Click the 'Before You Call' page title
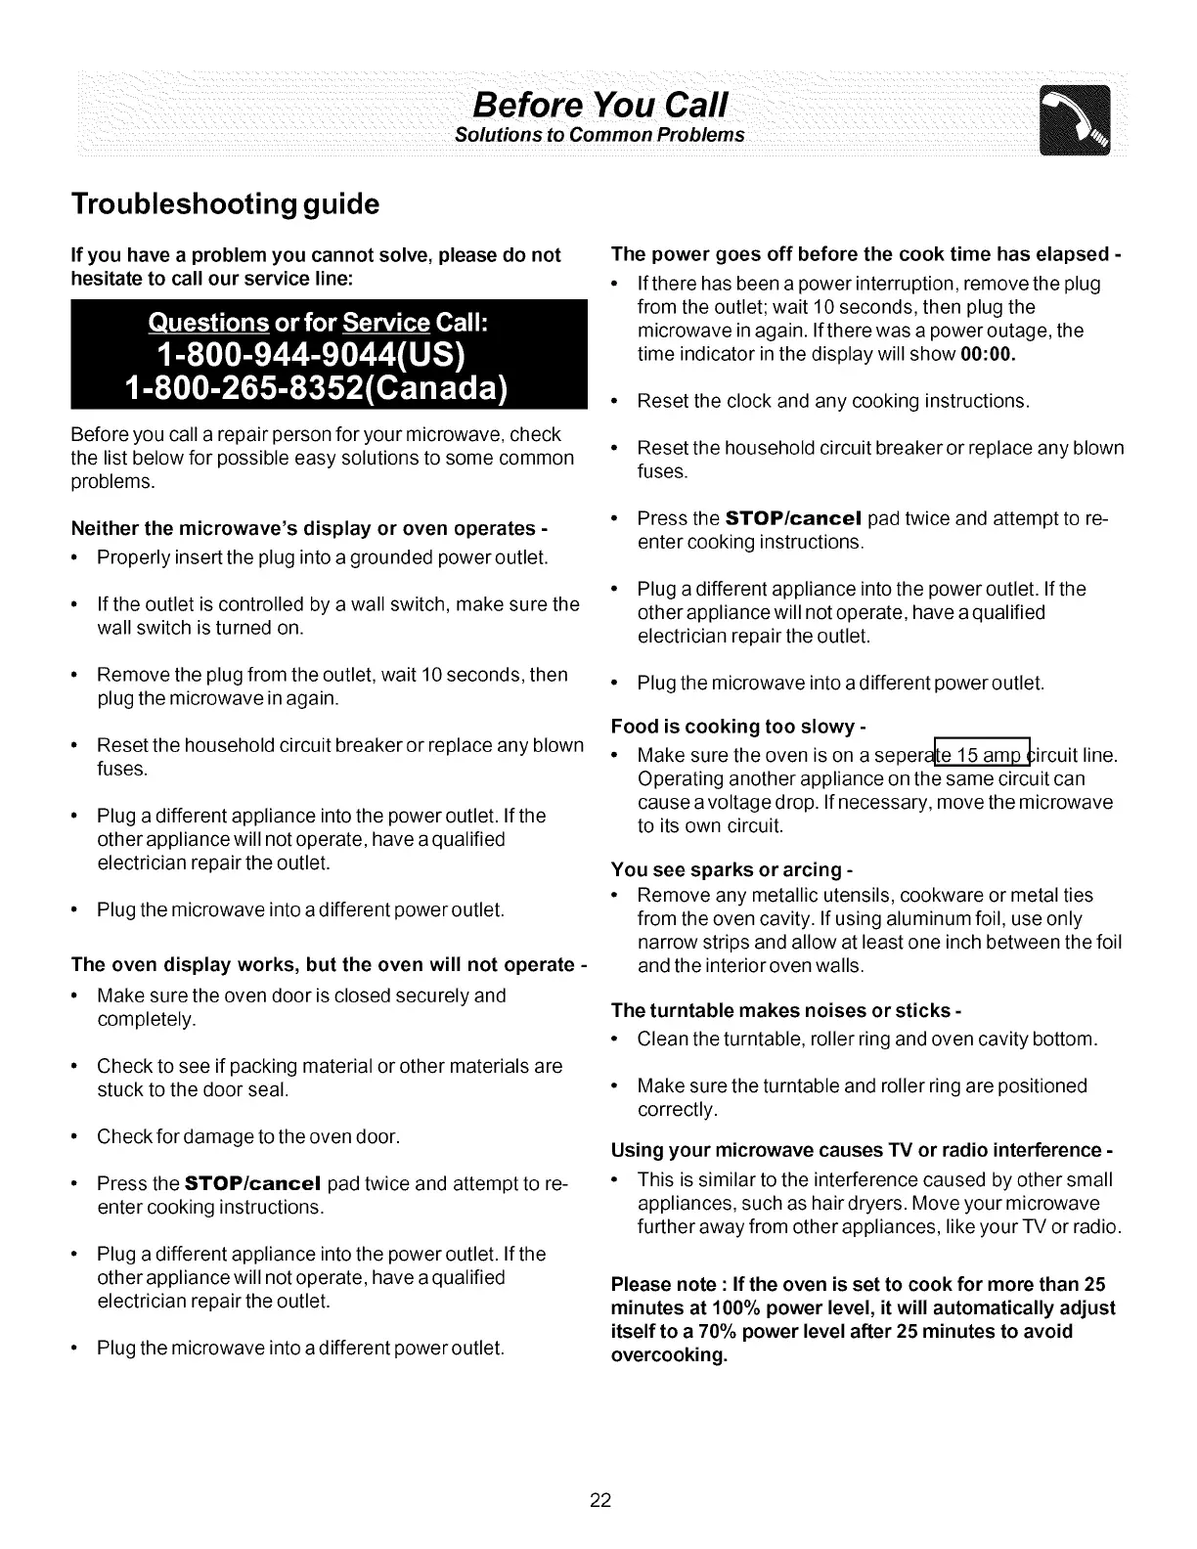tap(600, 103)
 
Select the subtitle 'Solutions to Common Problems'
tap(600, 134)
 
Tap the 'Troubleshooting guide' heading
tap(225, 204)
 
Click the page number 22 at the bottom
tap(599, 1500)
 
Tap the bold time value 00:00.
tap(989, 354)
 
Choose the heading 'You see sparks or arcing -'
tap(732, 869)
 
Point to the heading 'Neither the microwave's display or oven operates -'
tap(308, 528)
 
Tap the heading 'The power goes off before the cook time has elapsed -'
tap(865, 254)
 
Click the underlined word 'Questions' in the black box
tap(208, 322)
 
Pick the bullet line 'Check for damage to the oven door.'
tap(248, 1137)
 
